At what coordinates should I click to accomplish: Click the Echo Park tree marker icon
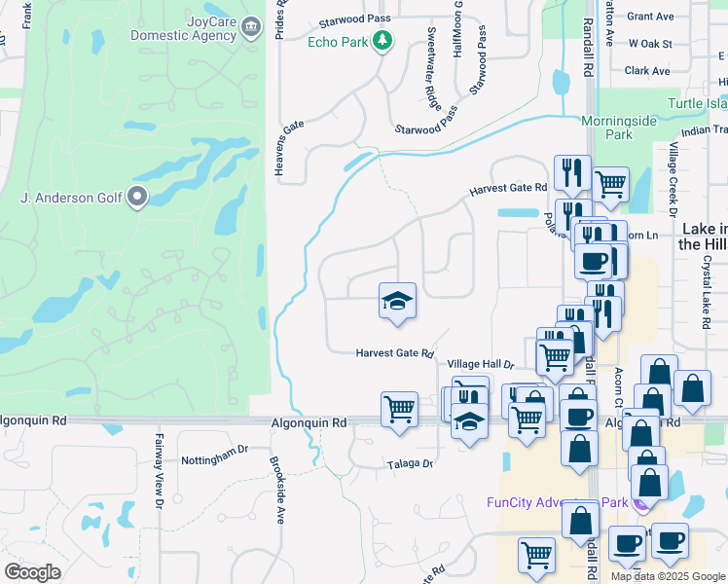point(384,41)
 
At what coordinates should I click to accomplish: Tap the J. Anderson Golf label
point(72,199)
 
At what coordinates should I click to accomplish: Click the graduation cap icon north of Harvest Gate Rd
point(397,300)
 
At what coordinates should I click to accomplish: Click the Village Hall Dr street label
point(480,364)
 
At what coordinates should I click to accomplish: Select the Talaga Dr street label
point(409,464)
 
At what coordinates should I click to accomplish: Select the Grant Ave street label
point(651,17)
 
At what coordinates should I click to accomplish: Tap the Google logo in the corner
point(33,572)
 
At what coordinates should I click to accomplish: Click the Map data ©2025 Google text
point(668,576)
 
